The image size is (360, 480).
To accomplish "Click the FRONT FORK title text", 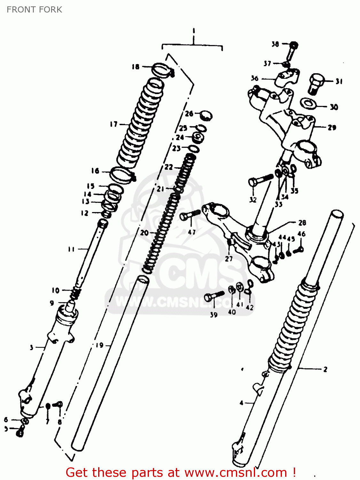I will tap(34, 10).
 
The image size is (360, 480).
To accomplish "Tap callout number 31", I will tap(339, 82).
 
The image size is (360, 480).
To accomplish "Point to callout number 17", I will tap(114, 124).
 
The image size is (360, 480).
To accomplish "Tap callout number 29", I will tap(332, 128).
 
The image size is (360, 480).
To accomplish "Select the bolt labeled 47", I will tap(190, 215).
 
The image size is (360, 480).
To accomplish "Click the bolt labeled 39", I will tap(214, 296).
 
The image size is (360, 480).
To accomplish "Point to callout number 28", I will tap(302, 222).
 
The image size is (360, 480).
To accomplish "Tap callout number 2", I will tap(325, 370).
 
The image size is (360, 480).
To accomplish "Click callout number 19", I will tap(100, 345).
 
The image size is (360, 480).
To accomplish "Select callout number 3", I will tap(31, 348).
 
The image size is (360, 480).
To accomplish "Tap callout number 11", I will tap(71, 249).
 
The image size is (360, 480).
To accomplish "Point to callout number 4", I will tap(242, 403).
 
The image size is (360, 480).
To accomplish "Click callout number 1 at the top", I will tap(194, 31).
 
